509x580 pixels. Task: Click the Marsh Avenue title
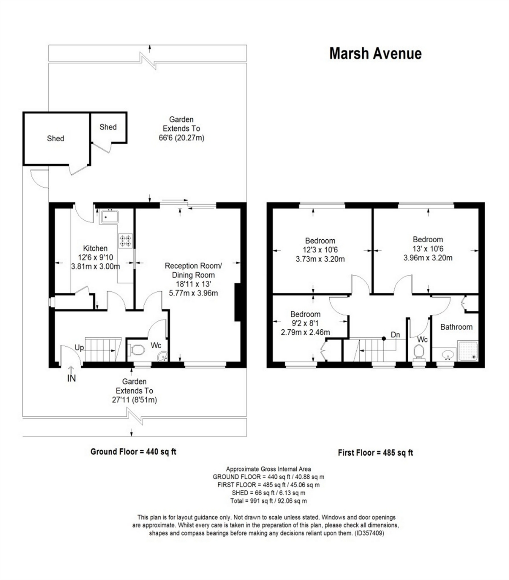click(x=375, y=54)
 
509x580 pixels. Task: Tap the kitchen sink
click(x=109, y=217)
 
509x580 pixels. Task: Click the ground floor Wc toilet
click(x=136, y=350)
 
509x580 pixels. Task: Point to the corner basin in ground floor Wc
click(x=163, y=356)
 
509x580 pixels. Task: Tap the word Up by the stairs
click(x=79, y=347)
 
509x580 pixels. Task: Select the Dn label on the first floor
click(x=395, y=335)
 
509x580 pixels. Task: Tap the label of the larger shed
click(x=55, y=139)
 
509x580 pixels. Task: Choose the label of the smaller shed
click(x=108, y=127)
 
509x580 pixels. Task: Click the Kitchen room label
click(x=95, y=248)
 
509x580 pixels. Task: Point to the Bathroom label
click(x=456, y=327)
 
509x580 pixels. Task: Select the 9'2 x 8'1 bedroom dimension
click(x=305, y=323)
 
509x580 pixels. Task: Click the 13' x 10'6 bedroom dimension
click(x=428, y=248)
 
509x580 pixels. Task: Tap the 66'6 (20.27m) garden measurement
click(x=181, y=138)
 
